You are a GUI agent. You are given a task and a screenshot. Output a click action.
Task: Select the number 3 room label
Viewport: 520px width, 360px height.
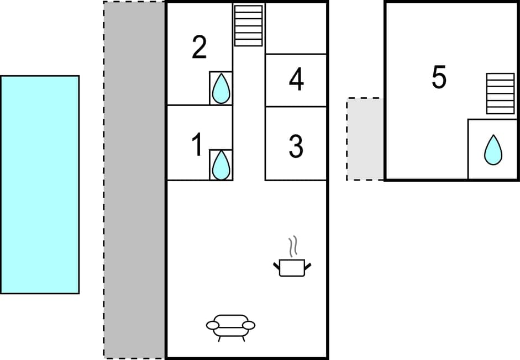click(x=296, y=146)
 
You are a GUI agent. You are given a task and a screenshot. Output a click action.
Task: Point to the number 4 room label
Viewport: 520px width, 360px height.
click(x=296, y=80)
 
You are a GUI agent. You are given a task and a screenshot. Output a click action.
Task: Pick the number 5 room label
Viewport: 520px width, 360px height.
click(x=439, y=78)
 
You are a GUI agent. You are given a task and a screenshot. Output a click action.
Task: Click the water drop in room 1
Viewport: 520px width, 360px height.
click(x=221, y=165)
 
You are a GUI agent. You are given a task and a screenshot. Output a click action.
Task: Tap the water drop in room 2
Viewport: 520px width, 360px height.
click(x=221, y=88)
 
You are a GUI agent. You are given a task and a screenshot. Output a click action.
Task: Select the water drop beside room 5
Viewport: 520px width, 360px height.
click(x=493, y=150)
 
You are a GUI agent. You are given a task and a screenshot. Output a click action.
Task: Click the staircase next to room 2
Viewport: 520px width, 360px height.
click(x=248, y=25)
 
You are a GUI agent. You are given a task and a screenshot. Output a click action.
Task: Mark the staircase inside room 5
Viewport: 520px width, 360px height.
click(x=500, y=93)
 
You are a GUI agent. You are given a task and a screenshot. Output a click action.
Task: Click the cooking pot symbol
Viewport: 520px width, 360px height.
click(x=292, y=268)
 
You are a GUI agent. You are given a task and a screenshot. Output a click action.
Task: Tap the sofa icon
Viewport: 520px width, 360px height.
click(x=230, y=325)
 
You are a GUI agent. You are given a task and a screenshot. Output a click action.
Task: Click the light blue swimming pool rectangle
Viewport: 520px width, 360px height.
click(x=40, y=184)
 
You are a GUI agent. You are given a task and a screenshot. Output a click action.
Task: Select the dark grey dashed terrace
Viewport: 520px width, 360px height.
click(x=134, y=179)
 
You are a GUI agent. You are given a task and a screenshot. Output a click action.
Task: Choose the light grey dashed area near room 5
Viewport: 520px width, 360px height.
click(x=365, y=139)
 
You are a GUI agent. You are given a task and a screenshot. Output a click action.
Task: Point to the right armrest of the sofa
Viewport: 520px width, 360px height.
click(x=249, y=325)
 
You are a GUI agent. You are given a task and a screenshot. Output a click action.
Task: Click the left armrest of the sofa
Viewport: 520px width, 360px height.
click(x=213, y=326)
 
